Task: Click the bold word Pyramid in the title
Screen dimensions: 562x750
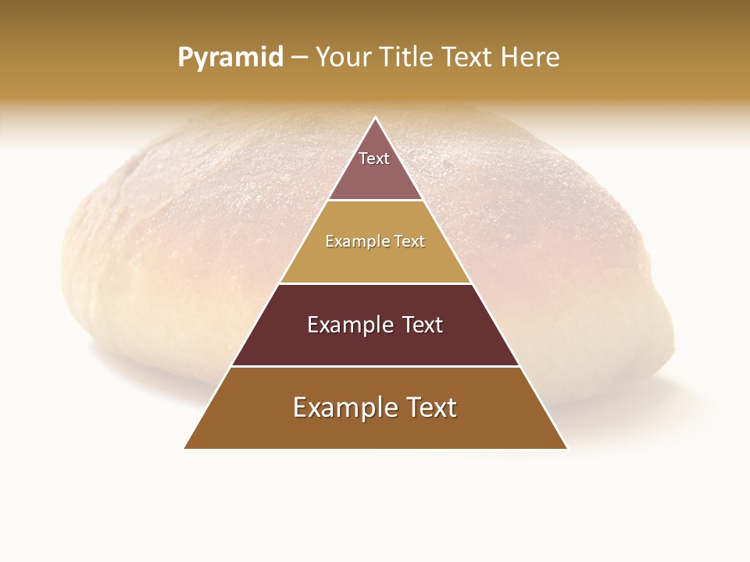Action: pos(230,58)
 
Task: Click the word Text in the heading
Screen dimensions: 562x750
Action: pos(468,58)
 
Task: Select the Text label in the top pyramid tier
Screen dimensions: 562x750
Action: pos(374,158)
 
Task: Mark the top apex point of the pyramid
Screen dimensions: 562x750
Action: pos(375,118)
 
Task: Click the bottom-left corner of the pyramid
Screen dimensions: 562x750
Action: pos(184,448)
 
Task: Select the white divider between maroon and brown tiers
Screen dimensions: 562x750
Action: pos(375,366)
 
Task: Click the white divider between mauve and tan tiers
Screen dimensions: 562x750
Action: pos(375,201)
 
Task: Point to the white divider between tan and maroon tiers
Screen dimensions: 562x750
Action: pos(375,283)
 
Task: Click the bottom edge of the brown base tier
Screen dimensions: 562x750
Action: pos(375,449)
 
